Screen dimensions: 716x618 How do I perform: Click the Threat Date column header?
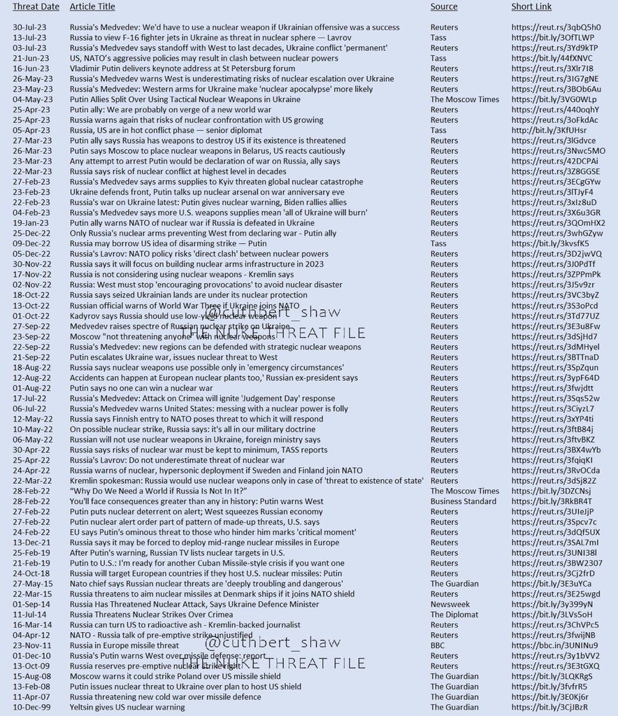point(36,7)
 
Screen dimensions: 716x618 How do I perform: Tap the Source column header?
point(444,7)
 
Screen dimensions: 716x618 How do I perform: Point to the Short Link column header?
point(531,7)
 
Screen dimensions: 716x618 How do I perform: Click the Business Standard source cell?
point(464,501)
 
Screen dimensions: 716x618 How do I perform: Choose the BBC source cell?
point(438,645)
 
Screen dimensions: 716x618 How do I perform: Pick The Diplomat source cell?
point(454,615)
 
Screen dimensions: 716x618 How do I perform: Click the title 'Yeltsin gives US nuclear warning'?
point(127,707)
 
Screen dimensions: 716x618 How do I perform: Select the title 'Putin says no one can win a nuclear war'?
point(141,388)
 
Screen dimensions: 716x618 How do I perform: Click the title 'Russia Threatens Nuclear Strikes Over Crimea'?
point(151,615)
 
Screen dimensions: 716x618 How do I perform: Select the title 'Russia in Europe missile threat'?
point(124,645)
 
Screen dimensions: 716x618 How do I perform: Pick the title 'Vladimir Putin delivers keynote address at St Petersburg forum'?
point(182,69)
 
